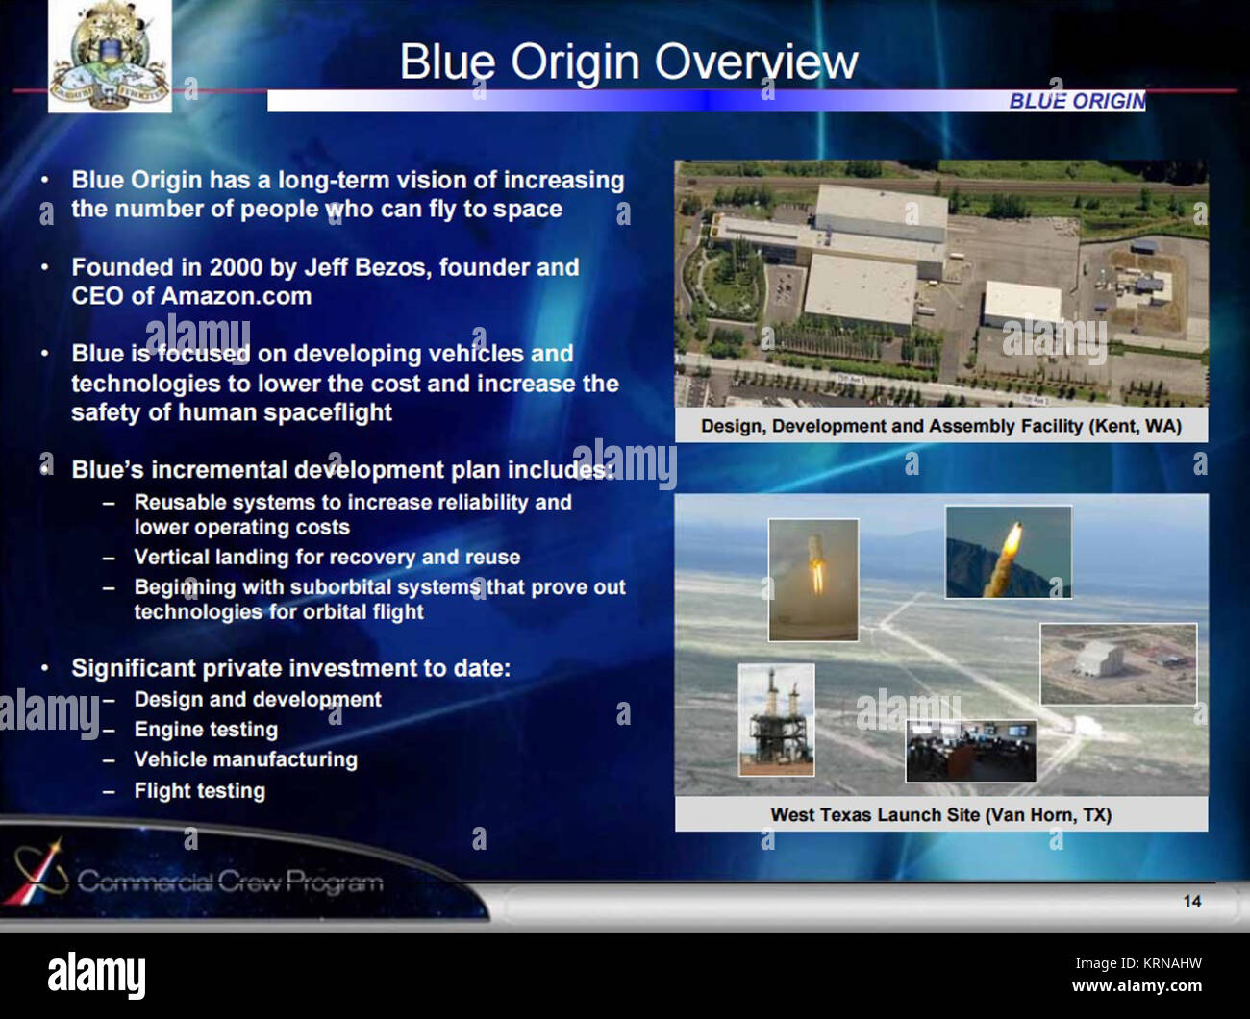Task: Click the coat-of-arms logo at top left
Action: (110, 56)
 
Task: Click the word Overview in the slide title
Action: (758, 62)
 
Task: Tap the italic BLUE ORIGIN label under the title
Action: (1076, 101)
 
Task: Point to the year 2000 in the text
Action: (236, 267)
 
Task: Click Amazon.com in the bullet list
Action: (236, 296)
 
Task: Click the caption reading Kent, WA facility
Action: (940, 426)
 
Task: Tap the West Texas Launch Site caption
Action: (940, 815)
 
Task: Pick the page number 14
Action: (1191, 901)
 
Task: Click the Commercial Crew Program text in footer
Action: (230, 881)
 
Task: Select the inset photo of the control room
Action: (970, 750)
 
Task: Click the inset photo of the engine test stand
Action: (776, 719)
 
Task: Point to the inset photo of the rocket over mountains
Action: (1007, 552)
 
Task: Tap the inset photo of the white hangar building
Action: (1117, 663)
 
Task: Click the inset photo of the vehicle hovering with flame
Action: (812, 579)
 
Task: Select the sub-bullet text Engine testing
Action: (206, 730)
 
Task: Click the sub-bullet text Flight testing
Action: (199, 791)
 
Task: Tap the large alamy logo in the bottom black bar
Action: (96, 975)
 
